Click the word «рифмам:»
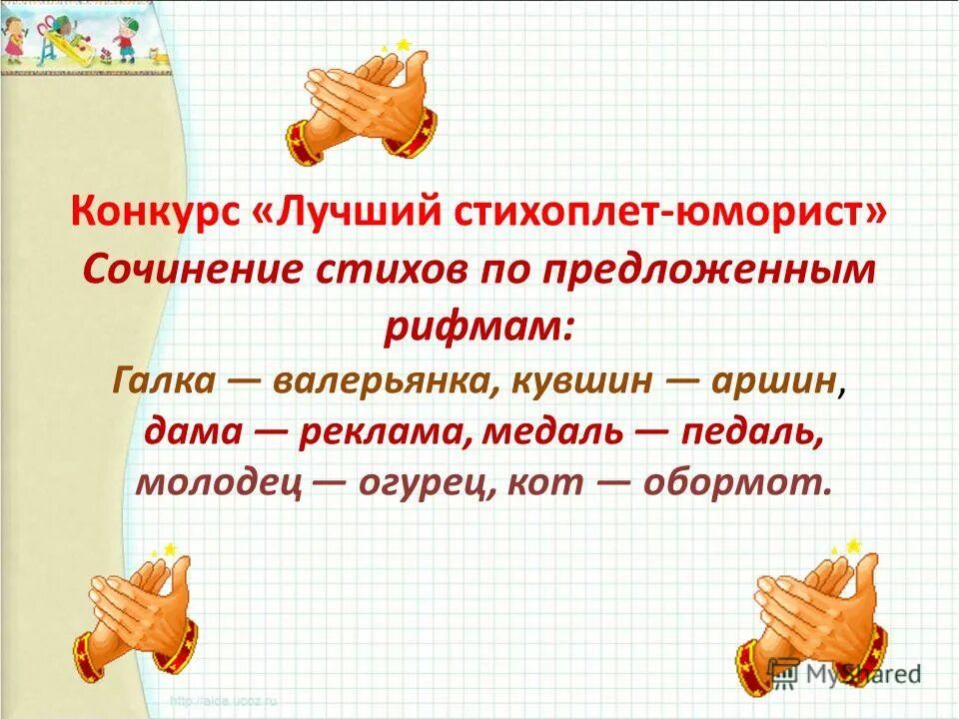pos(479,327)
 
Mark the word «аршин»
pos(771,381)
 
